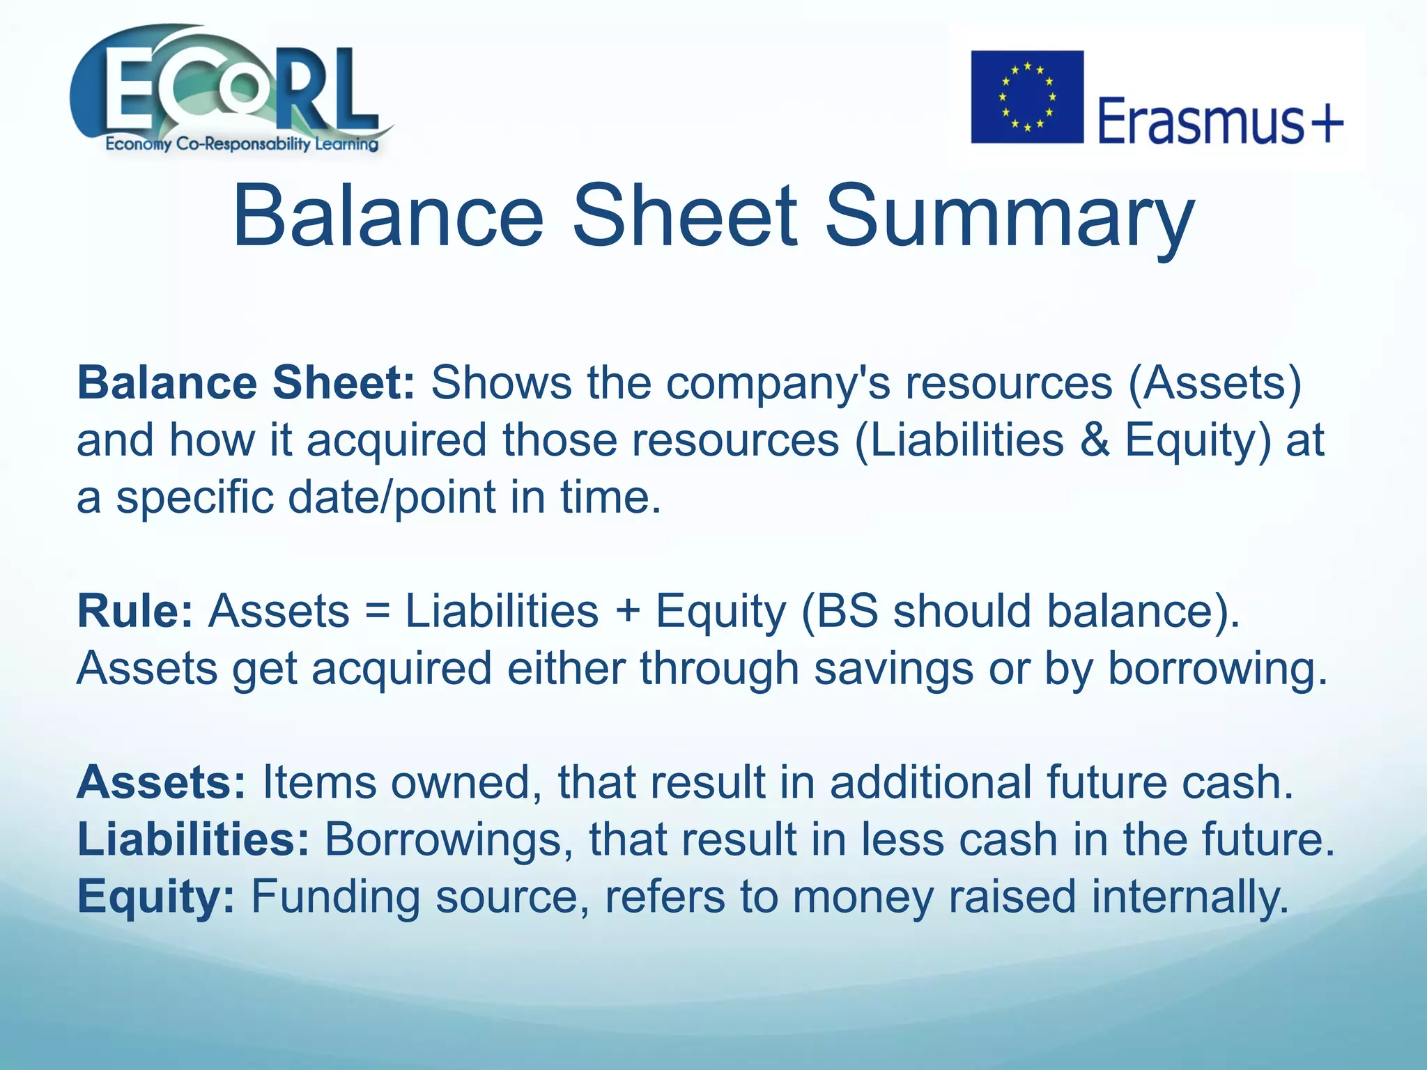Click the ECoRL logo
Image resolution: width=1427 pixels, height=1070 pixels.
tap(230, 87)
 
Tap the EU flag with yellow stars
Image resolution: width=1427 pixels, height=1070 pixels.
tap(1027, 97)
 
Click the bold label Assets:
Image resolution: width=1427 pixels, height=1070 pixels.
tap(161, 783)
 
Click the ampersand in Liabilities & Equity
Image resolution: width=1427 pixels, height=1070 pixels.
tap(1095, 441)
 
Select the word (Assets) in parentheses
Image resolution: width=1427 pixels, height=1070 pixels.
tap(1214, 384)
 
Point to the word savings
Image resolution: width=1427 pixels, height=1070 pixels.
tap(893, 669)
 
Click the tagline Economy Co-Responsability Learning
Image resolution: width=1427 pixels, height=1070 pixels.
tap(242, 145)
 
